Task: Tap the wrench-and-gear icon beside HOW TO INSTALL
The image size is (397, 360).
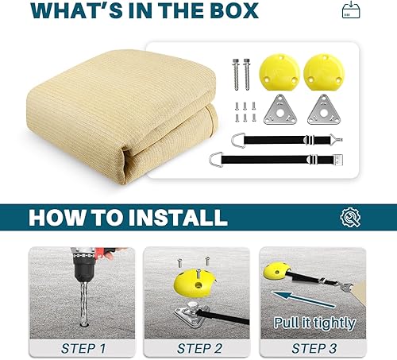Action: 349,217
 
